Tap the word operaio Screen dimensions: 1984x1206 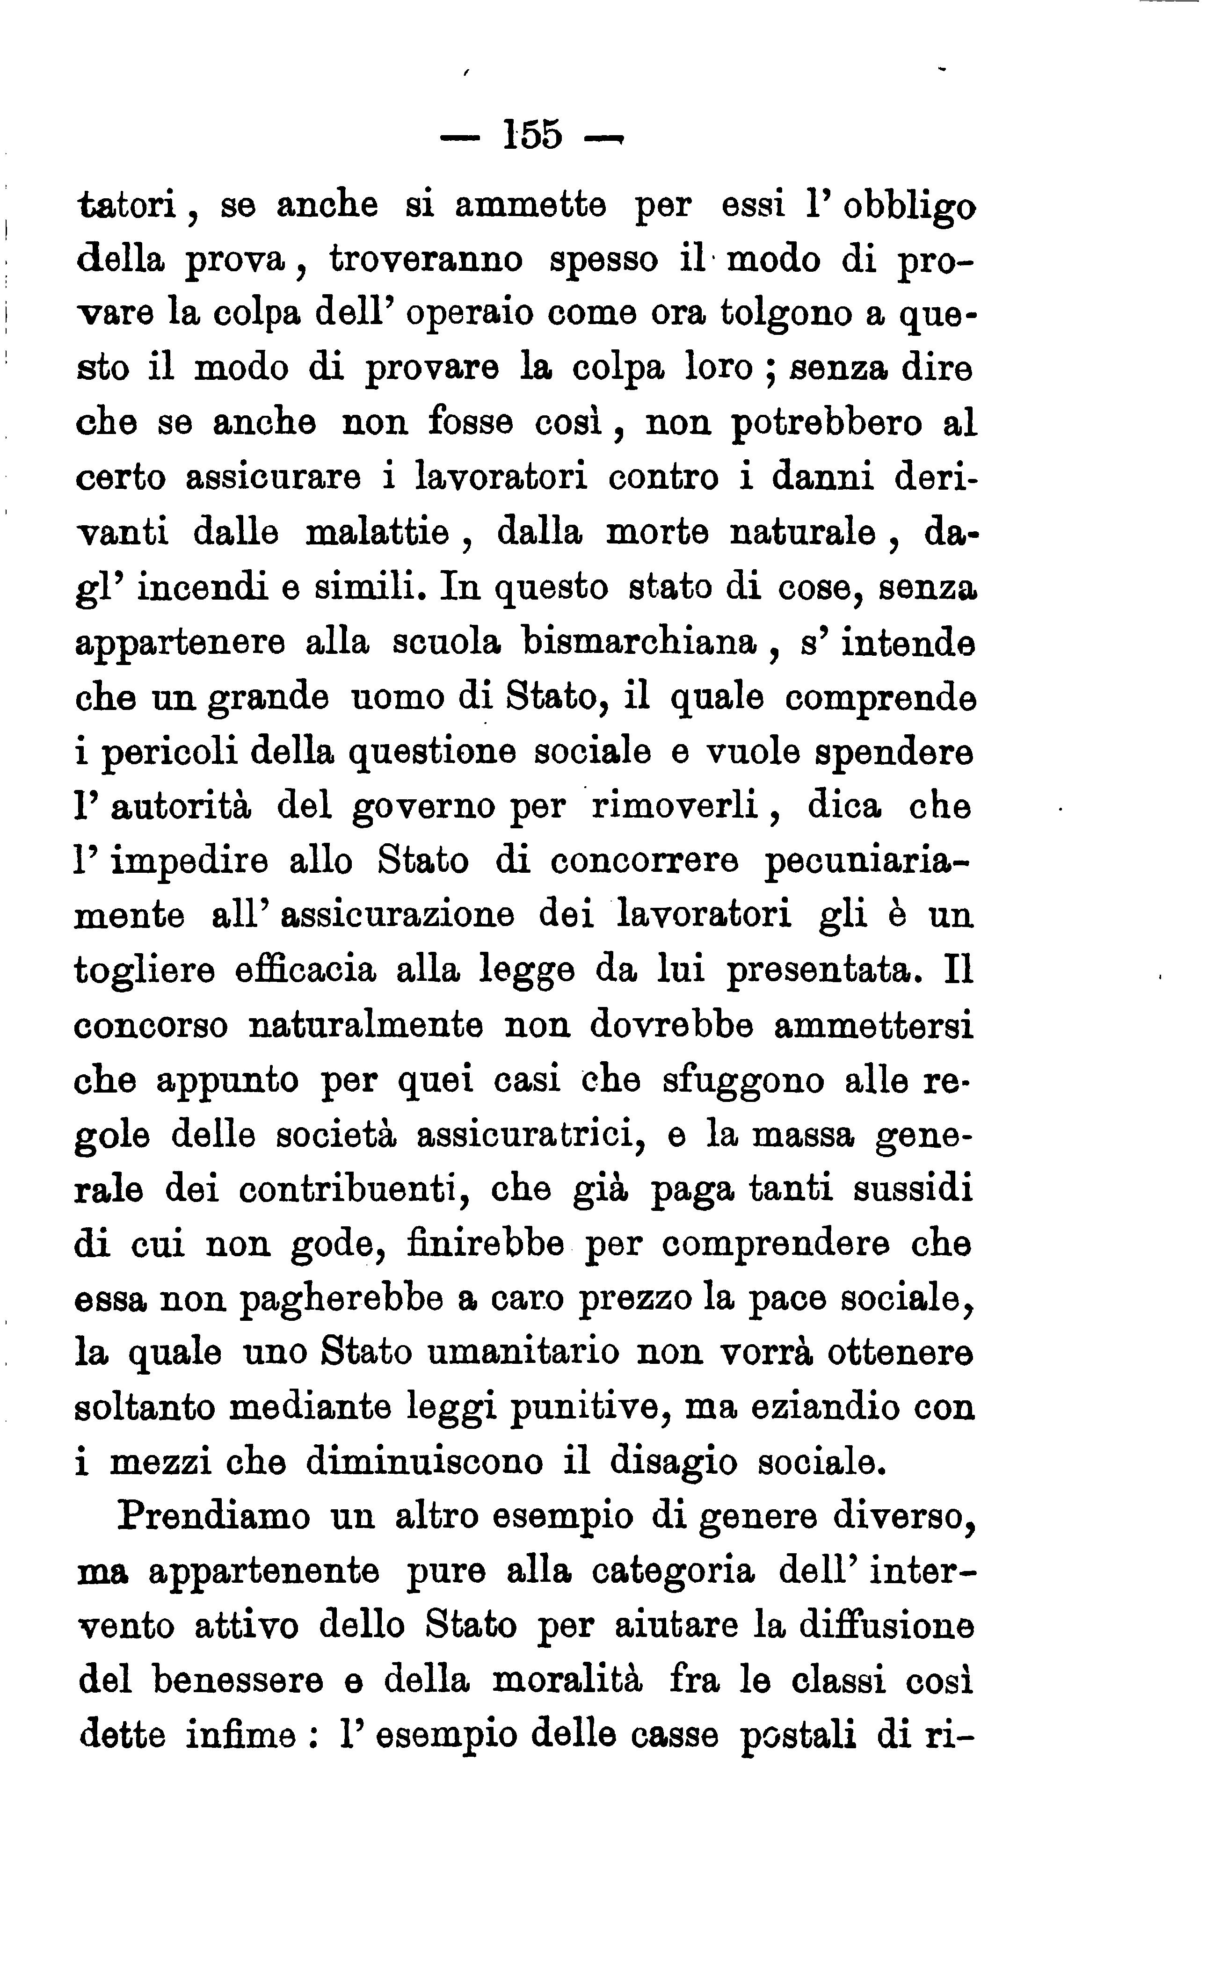point(470,313)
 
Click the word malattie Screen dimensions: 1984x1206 point(378,532)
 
